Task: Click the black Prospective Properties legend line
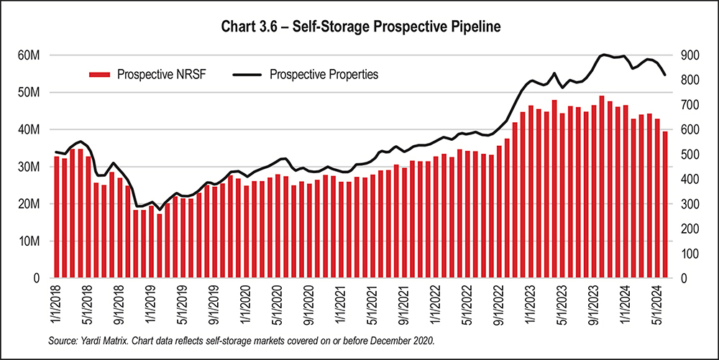tap(247, 74)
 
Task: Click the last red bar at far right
tap(665, 205)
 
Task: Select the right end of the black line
tap(665, 75)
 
